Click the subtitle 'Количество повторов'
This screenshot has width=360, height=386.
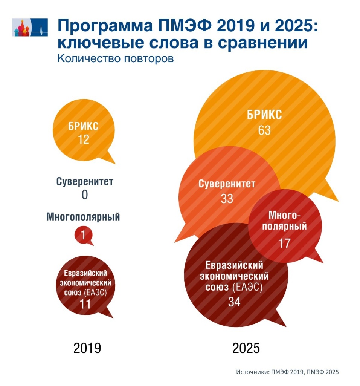click(x=115, y=59)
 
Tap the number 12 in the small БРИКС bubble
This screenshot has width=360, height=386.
click(x=84, y=139)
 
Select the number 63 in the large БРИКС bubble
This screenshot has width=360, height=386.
click(x=264, y=130)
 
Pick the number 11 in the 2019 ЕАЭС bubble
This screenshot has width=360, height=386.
click(x=85, y=303)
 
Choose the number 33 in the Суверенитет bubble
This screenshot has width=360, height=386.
click(x=227, y=198)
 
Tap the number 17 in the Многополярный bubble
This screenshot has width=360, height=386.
click(x=284, y=244)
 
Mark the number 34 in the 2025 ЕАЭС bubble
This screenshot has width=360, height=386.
click(x=234, y=302)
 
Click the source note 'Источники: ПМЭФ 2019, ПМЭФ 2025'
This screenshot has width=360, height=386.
click(x=288, y=372)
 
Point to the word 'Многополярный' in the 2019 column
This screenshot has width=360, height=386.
click(x=83, y=217)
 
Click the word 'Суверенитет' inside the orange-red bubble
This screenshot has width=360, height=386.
click(x=227, y=185)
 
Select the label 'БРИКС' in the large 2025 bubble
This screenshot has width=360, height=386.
click(x=264, y=115)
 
